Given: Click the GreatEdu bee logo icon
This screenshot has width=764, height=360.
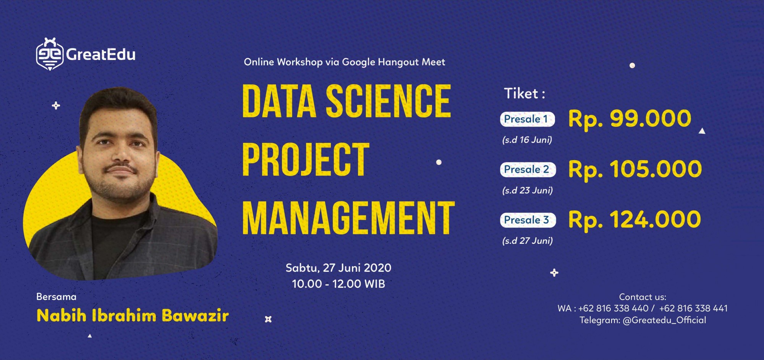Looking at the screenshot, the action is click(x=50, y=54).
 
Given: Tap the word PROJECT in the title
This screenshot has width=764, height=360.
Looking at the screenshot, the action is click(x=306, y=159).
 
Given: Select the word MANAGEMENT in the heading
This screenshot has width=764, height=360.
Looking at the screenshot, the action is click(x=348, y=218).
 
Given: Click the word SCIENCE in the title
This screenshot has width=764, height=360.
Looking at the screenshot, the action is click(x=388, y=101).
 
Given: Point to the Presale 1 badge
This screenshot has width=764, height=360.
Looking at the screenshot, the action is click(x=527, y=119).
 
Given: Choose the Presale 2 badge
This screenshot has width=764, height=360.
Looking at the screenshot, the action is click(x=528, y=169).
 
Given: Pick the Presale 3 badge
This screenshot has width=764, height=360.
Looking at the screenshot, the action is click(x=528, y=220).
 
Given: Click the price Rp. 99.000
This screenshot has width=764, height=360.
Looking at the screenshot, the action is click(x=630, y=119).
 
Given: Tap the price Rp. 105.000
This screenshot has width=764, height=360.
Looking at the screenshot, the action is click(x=635, y=169).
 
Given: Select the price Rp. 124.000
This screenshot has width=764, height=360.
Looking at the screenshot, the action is click(x=635, y=220).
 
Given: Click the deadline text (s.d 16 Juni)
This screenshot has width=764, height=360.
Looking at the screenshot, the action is click(x=527, y=140).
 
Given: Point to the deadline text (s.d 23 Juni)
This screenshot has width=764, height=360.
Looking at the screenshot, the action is click(x=528, y=190).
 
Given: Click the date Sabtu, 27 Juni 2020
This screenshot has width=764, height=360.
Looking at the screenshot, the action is click(x=338, y=268).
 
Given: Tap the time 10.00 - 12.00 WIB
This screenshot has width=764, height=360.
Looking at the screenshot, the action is click(x=338, y=284).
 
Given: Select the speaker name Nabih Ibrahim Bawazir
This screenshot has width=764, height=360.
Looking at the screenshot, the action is click(x=133, y=316).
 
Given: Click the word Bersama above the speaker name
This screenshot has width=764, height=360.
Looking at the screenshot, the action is click(x=56, y=297).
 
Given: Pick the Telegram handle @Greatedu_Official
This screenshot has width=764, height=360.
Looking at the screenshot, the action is click(x=664, y=320).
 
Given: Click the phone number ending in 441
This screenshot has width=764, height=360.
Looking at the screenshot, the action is click(x=693, y=308).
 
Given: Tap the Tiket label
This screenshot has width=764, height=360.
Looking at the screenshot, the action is click(x=524, y=94).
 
